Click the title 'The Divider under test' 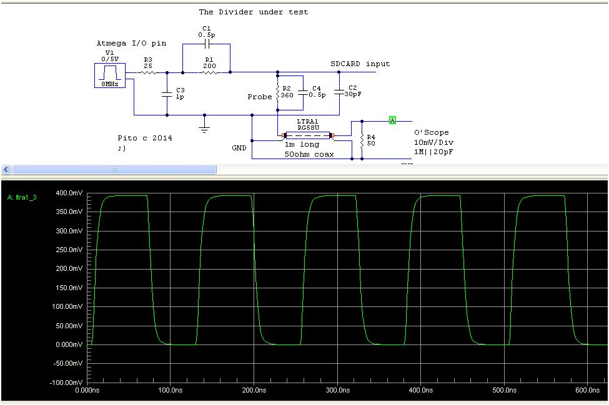253,12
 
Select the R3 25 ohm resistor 148,72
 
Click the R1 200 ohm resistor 209,72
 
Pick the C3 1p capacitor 167,94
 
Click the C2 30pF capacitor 339,92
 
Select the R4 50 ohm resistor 362,140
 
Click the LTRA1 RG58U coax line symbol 308,135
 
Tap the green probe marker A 392,120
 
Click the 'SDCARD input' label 360,64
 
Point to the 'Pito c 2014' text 144,138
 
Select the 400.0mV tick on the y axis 69,193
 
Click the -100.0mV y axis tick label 68,382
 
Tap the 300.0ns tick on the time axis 337,390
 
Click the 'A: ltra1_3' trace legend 24,198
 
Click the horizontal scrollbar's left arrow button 6,169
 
